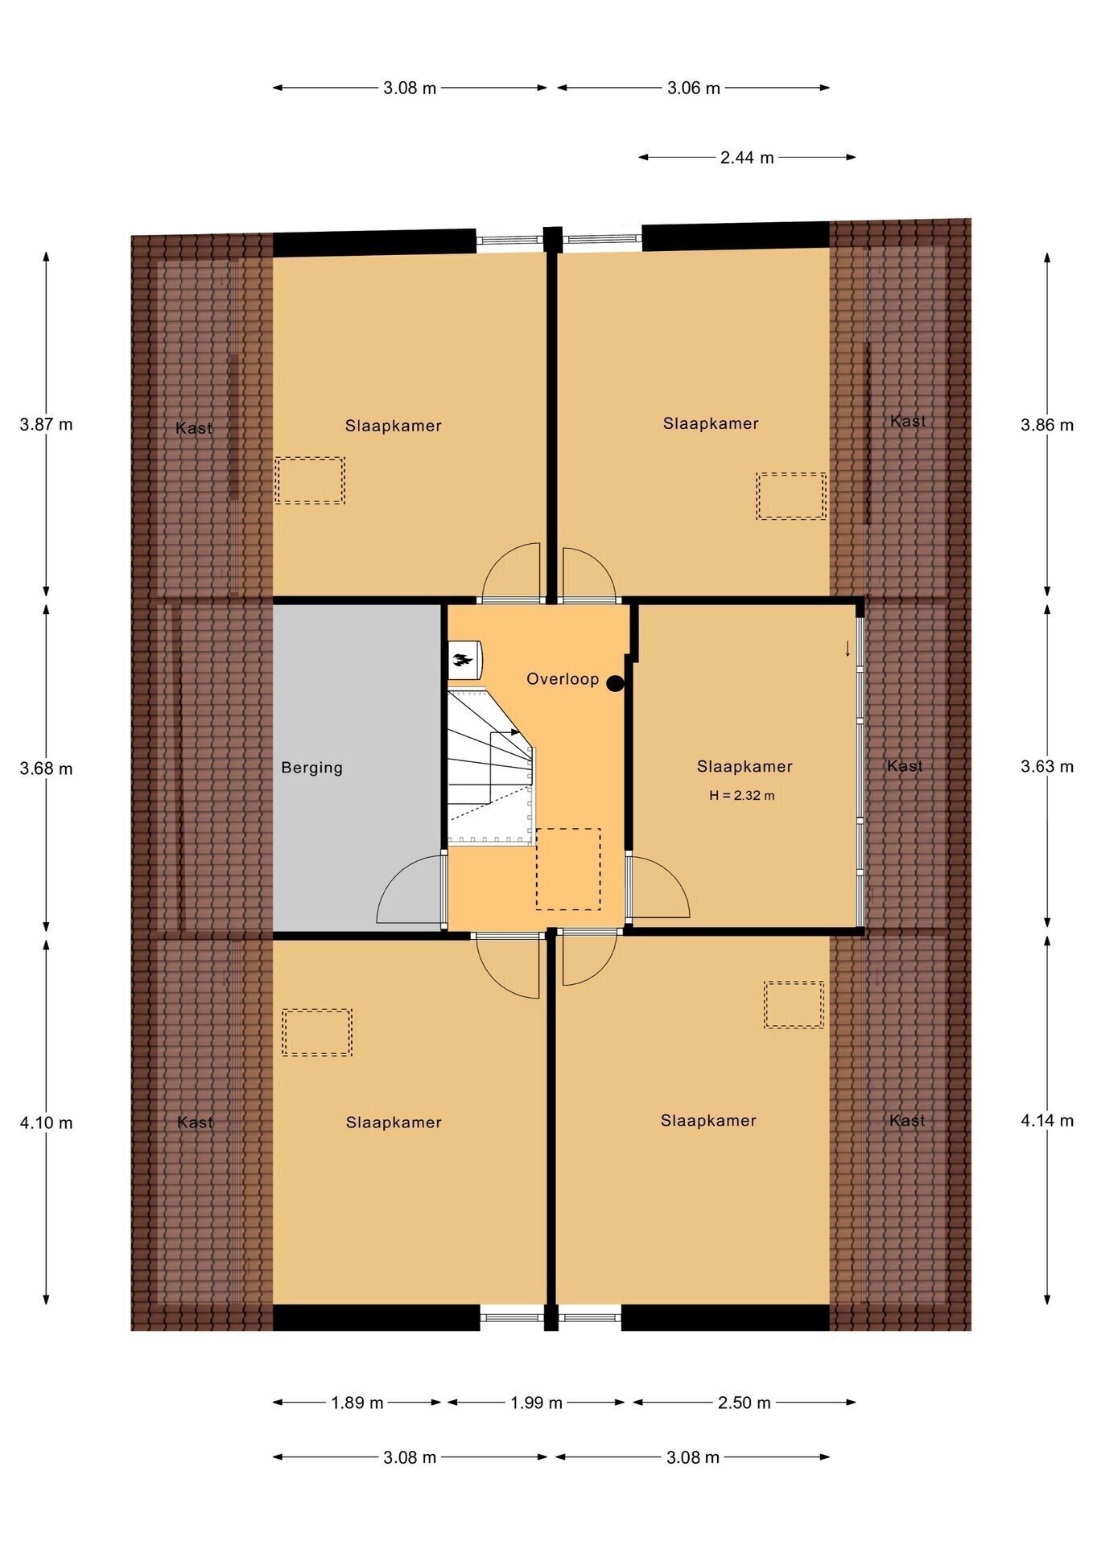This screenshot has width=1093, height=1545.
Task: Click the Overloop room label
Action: pos(563,679)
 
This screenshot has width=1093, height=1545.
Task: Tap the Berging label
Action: pos(312,768)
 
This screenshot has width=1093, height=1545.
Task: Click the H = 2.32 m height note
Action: pos(742,796)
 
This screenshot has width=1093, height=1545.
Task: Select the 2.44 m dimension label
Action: pos(747,158)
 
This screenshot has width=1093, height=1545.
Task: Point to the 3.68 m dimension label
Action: pos(47,768)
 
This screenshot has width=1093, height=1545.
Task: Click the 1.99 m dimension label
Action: pos(536,1403)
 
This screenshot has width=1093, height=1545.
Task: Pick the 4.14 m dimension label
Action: pos(1047,1120)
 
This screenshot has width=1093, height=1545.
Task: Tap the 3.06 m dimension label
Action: pos(694,88)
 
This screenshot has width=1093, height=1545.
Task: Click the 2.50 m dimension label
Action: pos(744,1403)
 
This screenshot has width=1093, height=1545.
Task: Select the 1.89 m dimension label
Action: pos(357,1403)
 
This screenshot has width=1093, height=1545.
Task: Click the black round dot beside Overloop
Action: pos(615,684)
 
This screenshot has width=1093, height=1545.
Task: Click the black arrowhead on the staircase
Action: pos(515,733)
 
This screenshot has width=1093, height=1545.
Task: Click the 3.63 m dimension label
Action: pos(1047,766)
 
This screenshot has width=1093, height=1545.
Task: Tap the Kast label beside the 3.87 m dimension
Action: pos(194,428)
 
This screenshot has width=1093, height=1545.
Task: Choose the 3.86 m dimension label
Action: pos(1047,425)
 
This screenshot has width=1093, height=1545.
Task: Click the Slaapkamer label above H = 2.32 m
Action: pos(744,767)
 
